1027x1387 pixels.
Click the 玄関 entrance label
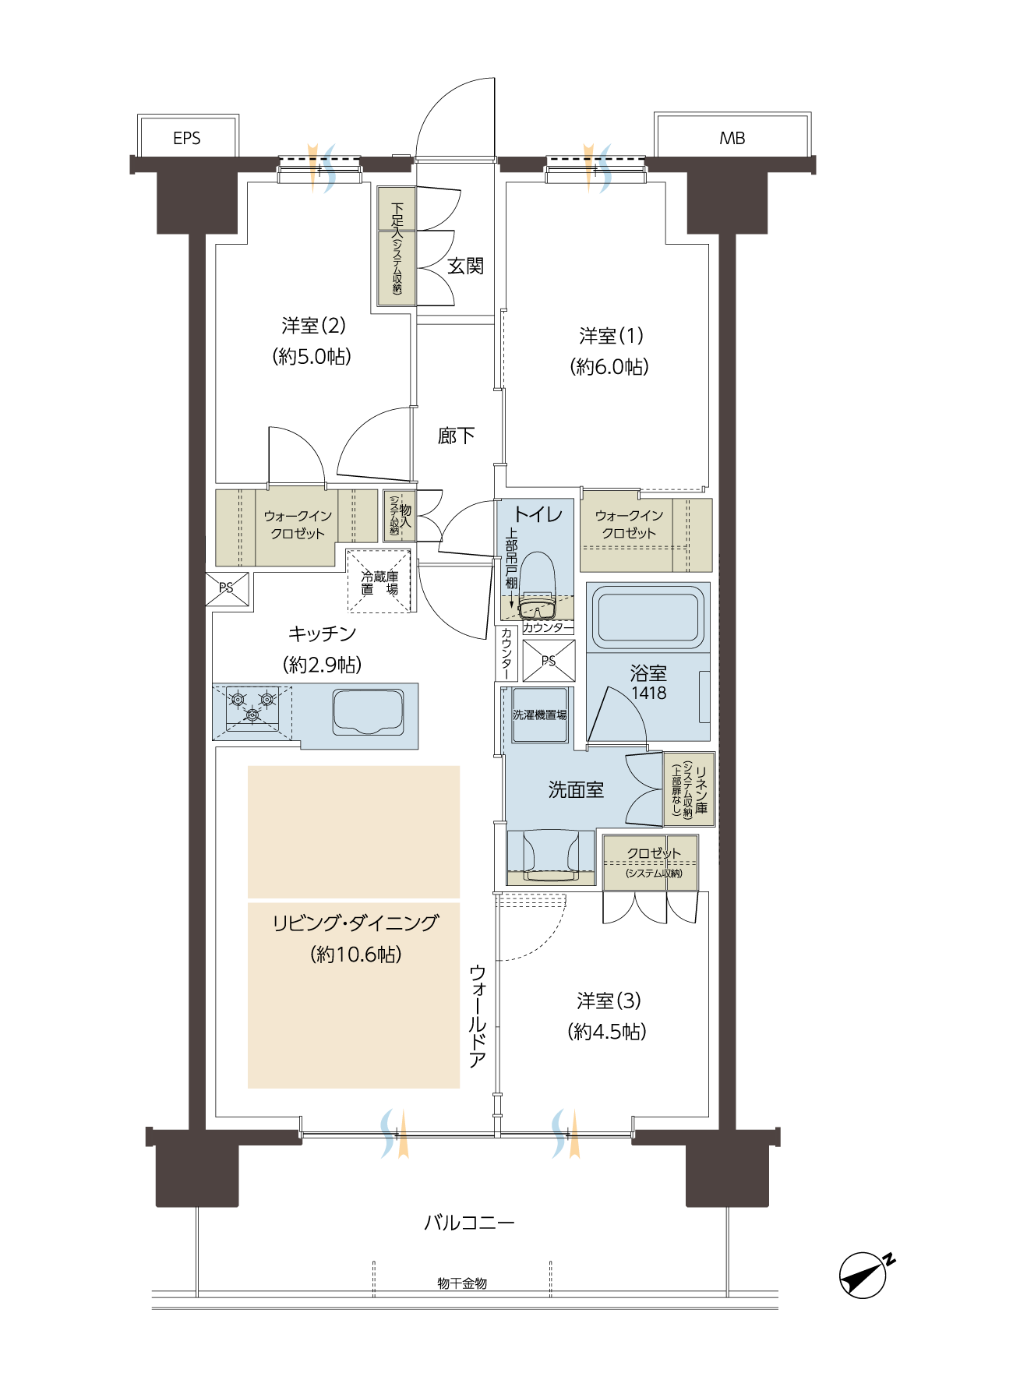click(x=465, y=266)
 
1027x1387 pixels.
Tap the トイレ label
click(x=538, y=514)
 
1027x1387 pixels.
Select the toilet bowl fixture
click(x=537, y=581)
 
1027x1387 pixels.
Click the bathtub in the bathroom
click(x=648, y=616)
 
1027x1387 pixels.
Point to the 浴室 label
click(x=648, y=673)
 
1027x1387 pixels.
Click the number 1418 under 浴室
click(x=648, y=693)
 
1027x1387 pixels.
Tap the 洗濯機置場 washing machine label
click(x=539, y=715)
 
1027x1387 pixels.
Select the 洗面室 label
click(x=576, y=790)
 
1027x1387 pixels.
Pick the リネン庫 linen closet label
click(x=701, y=789)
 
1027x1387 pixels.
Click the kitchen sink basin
click(x=369, y=711)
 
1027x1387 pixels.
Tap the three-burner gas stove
click(x=252, y=708)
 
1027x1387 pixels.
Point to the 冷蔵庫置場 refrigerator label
click(x=379, y=583)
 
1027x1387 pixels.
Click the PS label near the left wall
click(x=226, y=588)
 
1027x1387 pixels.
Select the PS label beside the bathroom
click(x=549, y=661)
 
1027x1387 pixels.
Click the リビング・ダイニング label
click(x=355, y=923)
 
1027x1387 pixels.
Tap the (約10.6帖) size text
click(x=355, y=955)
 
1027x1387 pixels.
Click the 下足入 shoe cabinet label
click(x=397, y=220)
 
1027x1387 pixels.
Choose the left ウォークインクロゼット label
click(x=298, y=524)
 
